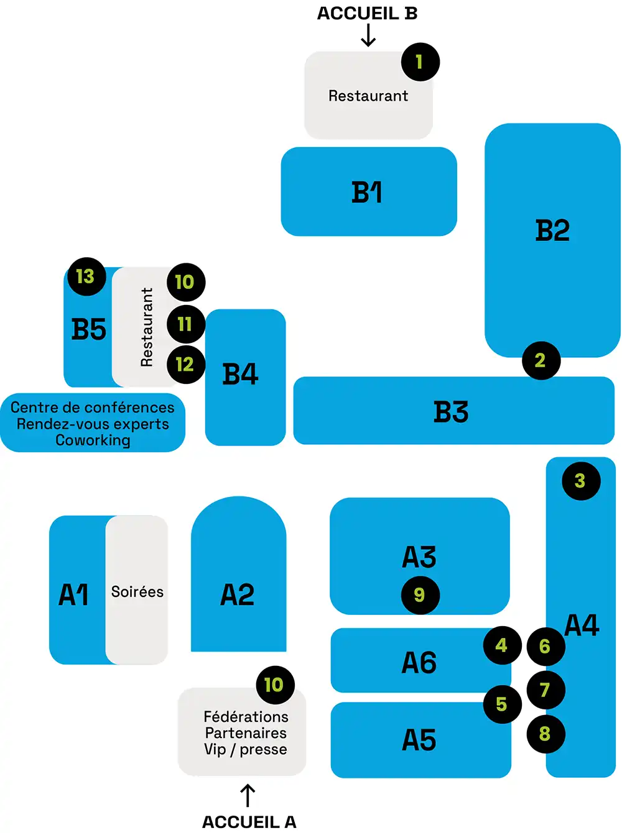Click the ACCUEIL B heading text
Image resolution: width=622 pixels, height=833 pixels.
(x=367, y=14)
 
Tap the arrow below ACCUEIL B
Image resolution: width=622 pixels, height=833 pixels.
(x=368, y=35)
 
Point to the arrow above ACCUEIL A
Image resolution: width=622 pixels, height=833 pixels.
(x=248, y=795)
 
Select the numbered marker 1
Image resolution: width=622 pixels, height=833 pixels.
(x=420, y=61)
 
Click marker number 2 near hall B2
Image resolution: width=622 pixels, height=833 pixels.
(x=540, y=360)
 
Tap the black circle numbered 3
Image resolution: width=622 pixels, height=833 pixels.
(x=580, y=481)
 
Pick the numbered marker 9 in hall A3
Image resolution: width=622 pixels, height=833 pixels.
(x=420, y=595)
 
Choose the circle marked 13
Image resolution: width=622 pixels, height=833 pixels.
(x=86, y=276)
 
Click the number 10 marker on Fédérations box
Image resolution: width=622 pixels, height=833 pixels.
(x=274, y=685)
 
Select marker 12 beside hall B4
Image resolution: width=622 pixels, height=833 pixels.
(x=185, y=364)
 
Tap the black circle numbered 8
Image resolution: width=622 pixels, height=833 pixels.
(x=545, y=734)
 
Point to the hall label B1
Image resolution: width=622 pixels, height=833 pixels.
(x=367, y=193)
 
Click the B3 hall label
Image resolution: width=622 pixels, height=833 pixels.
(x=451, y=412)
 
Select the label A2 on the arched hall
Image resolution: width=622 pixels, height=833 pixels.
(x=238, y=594)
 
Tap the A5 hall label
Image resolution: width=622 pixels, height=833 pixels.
(x=419, y=740)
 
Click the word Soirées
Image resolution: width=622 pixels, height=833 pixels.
(x=137, y=592)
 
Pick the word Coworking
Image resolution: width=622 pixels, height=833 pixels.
(x=93, y=440)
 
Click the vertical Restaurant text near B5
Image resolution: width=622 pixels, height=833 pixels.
(x=147, y=327)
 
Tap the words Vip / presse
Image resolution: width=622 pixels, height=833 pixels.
(x=246, y=750)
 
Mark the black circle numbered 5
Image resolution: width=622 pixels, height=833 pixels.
(x=502, y=704)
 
